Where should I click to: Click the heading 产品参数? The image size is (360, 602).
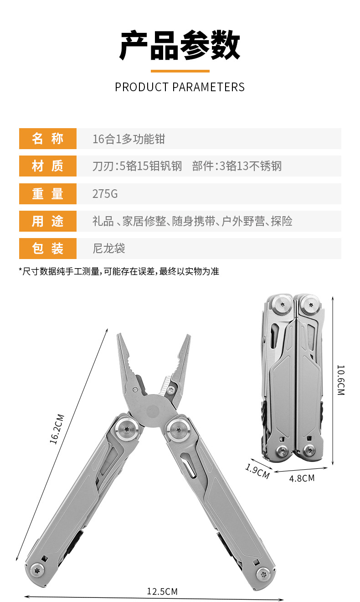coord(180,46)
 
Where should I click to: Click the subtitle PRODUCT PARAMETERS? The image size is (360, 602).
coord(180,87)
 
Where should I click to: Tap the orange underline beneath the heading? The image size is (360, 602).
coord(180,71)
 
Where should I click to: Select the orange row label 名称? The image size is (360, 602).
coord(47,139)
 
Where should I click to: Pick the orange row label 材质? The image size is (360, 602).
coord(47,166)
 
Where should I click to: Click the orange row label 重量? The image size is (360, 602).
coord(47,194)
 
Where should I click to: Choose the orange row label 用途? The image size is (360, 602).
coord(47,221)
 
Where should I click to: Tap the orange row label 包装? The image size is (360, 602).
coord(47,249)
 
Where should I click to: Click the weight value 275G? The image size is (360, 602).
coord(105,194)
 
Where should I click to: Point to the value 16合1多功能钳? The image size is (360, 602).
coord(129,139)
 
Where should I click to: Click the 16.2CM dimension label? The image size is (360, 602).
coord(58,429)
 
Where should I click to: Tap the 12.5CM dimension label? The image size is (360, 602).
coord(162,592)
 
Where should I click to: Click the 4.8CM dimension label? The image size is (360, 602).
coord(302,478)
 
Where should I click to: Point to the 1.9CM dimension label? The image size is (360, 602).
coord(257,471)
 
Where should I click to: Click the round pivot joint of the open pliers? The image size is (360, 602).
coord(154,410)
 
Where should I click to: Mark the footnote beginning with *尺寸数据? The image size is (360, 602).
coord(119,271)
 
